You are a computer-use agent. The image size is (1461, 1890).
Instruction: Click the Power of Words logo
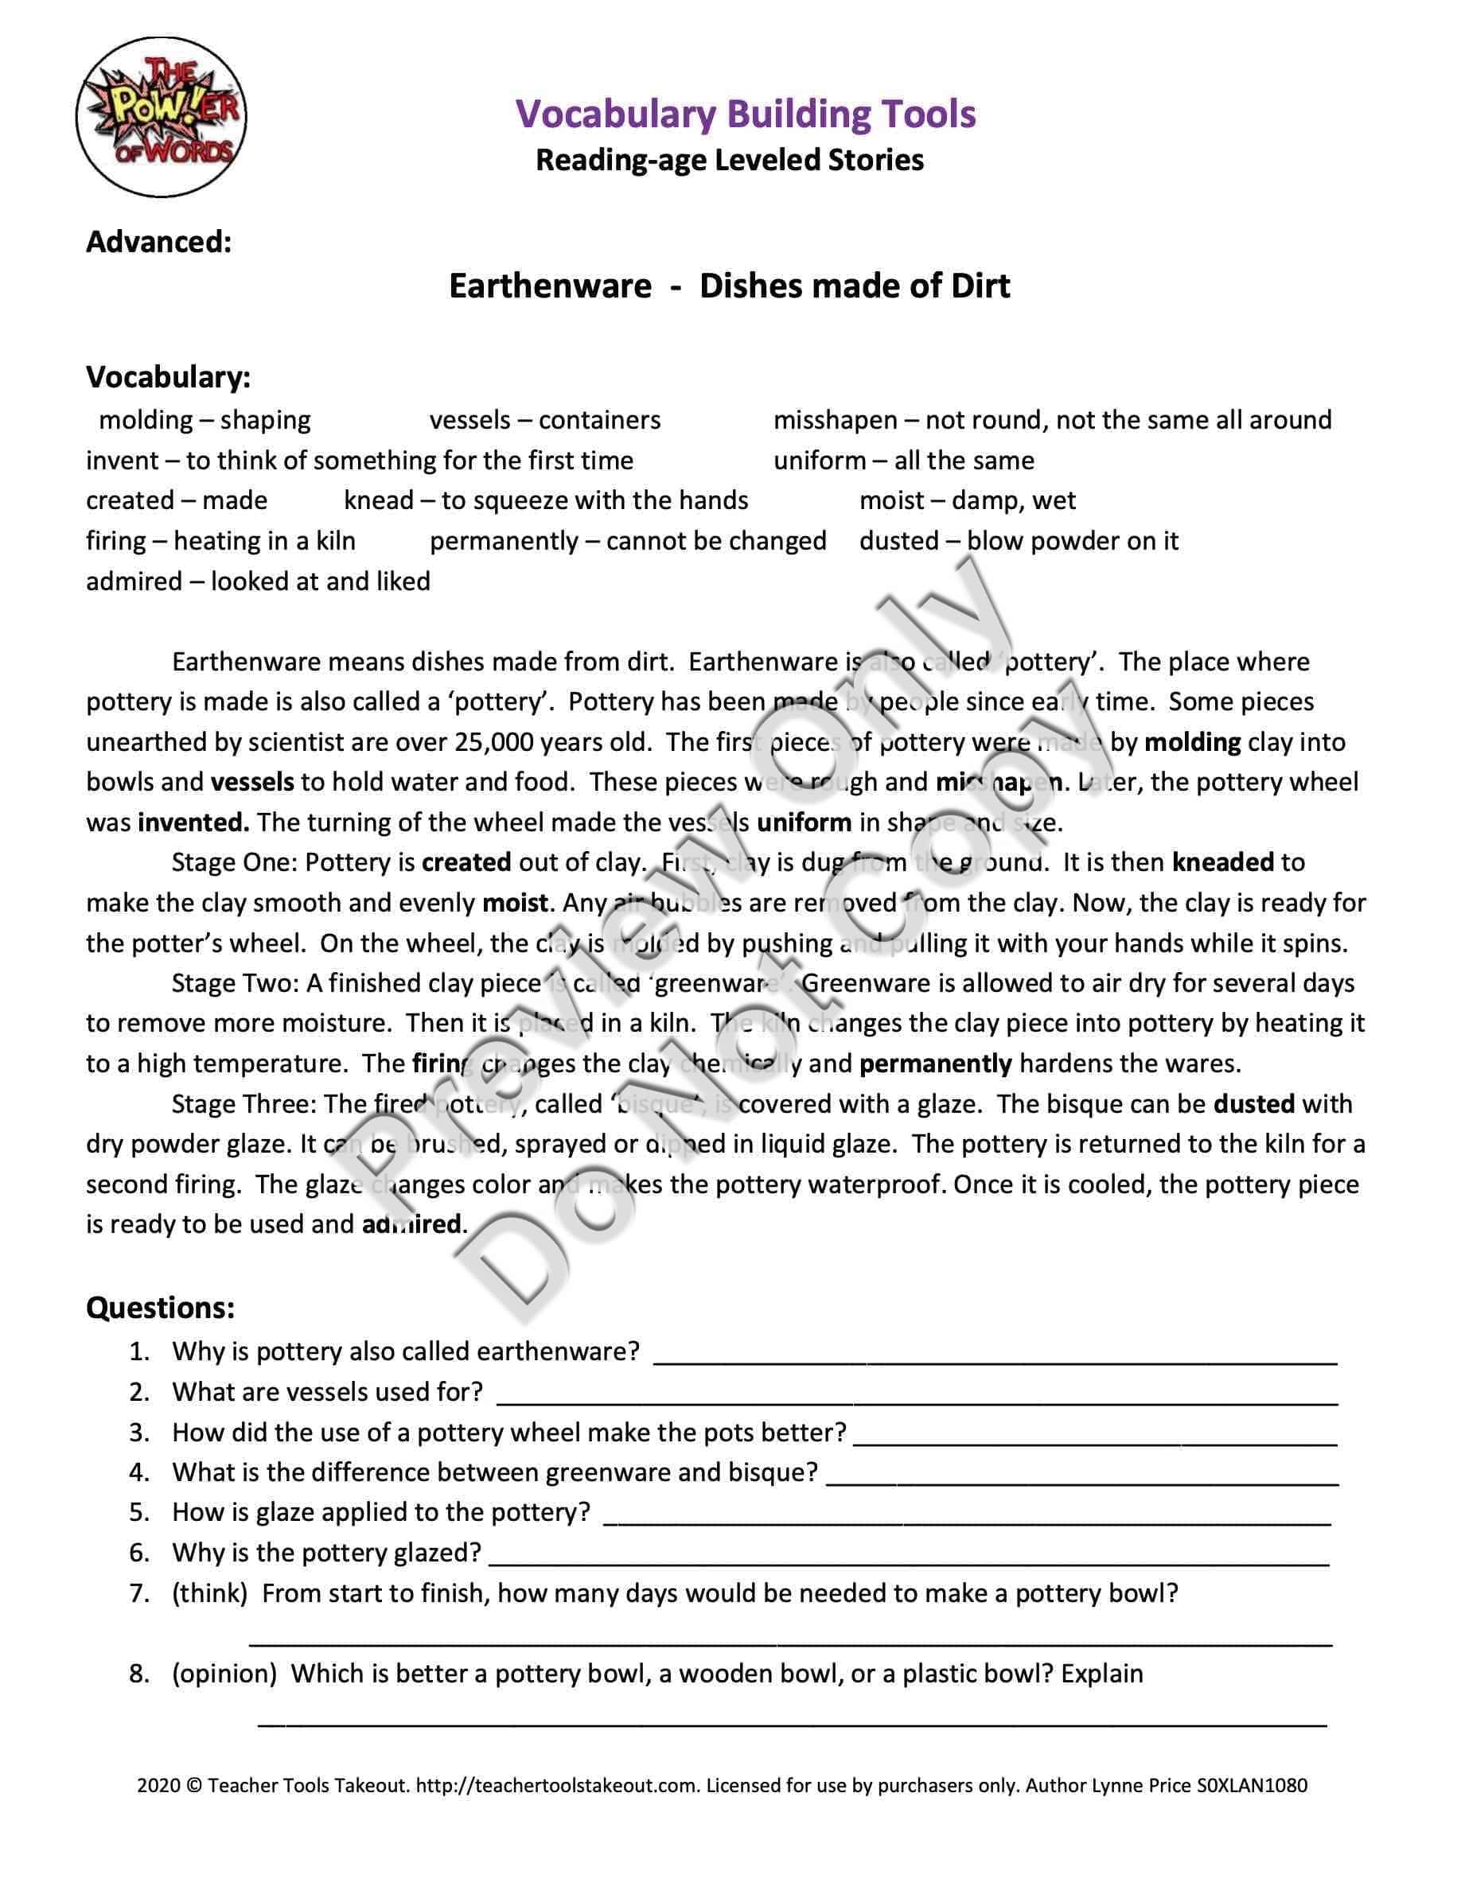point(161,117)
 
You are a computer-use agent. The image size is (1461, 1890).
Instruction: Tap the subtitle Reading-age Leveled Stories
point(730,160)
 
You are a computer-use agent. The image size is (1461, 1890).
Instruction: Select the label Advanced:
point(158,242)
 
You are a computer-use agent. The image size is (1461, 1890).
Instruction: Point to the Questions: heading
point(160,1308)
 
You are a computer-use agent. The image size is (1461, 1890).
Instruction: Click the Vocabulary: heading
point(168,376)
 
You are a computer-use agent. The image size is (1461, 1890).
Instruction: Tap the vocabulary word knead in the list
point(378,500)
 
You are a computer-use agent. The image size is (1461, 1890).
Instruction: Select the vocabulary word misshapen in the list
point(835,420)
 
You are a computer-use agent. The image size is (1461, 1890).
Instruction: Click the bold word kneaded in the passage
point(1222,862)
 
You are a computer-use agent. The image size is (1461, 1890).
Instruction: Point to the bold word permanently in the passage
point(935,1063)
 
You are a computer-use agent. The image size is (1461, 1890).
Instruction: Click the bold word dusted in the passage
point(1253,1103)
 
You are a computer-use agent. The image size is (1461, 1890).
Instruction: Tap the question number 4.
point(139,1472)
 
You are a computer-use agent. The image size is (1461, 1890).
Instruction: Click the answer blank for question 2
point(917,1395)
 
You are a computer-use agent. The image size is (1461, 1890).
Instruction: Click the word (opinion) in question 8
point(224,1674)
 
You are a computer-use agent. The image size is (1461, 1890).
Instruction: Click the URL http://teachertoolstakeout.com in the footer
point(556,1784)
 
